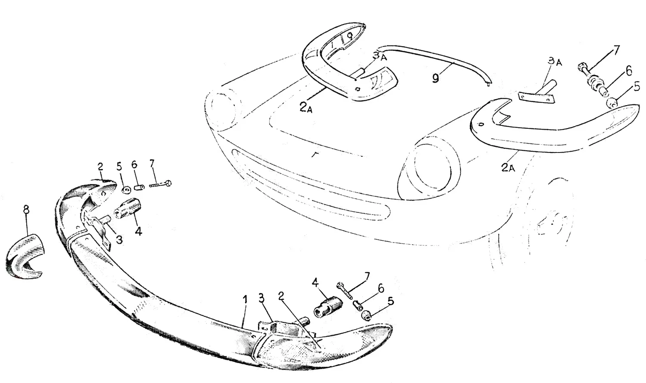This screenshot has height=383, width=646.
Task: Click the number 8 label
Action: [26, 209]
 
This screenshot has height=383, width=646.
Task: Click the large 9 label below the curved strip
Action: [435, 78]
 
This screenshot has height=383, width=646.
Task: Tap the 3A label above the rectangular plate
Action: [555, 62]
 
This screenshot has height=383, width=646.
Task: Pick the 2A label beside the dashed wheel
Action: [508, 168]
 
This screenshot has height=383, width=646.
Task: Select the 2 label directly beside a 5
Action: [100, 167]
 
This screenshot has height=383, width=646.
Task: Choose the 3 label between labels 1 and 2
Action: [261, 298]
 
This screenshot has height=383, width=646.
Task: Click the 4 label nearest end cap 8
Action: [138, 231]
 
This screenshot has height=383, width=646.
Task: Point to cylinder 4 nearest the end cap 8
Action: [127, 208]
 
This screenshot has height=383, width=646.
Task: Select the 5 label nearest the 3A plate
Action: [637, 87]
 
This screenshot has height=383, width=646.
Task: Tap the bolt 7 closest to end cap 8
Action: [160, 184]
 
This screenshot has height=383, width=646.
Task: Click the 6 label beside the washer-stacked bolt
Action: [629, 71]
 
